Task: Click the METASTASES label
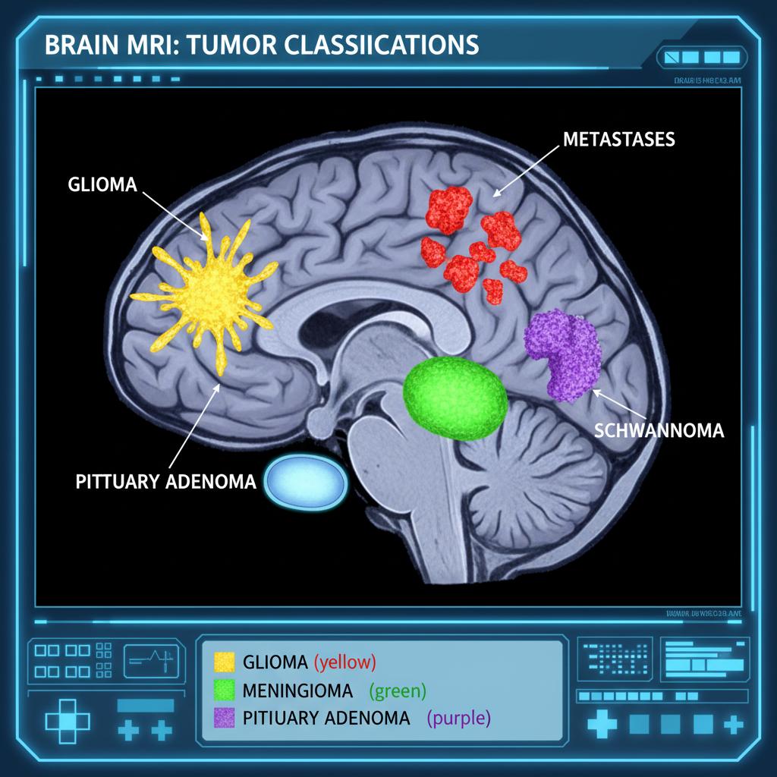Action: tap(619, 140)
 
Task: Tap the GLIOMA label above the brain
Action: tap(102, 185)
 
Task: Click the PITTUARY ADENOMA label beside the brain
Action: tap(166, 482)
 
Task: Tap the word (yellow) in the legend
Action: tap(345, 662)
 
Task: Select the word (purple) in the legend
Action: tap(459, 717)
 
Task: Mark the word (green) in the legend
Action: tap(398, 690)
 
